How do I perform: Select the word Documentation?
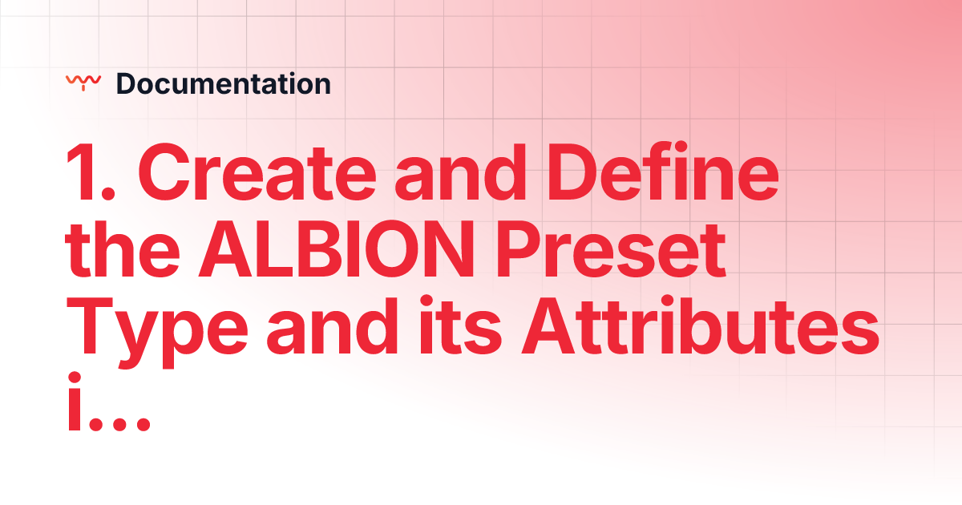[x=223, y=83]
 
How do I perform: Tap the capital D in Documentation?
[x=124, y=83]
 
